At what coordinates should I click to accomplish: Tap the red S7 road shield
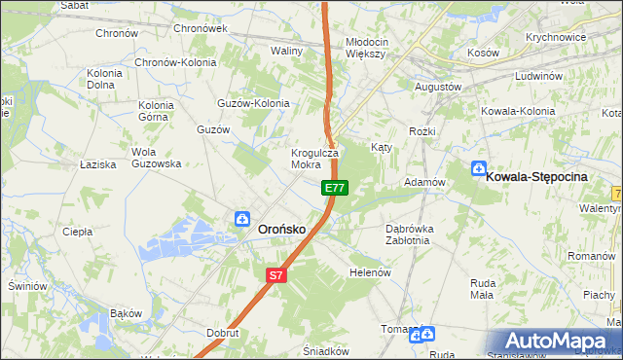click(x=276, y=275)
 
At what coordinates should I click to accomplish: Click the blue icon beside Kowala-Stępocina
click(x=478, y=168)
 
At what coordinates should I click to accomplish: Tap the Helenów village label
click(x=370, y=272)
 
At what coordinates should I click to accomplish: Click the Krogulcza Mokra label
click(x=314, y=159)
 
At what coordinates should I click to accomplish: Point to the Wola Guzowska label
click(x=157, y=158)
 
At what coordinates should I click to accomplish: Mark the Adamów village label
click(x=424, y=182)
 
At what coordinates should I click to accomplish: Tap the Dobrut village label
click(x=223, y=332)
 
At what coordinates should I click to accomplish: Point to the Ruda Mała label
click(x=483, y=289)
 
